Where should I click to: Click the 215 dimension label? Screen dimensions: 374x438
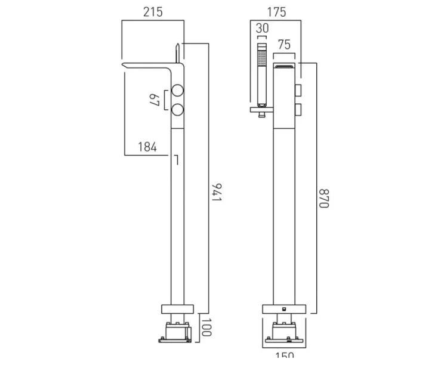tap(153, 12)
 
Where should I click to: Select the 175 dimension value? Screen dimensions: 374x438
tap(277, 12)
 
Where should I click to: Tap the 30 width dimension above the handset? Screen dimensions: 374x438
tap(263, 28)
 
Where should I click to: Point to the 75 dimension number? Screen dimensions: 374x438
tap(285, 45)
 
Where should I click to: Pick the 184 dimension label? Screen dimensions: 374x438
tap(147, 147)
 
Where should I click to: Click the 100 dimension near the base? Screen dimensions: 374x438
tap(206, 328)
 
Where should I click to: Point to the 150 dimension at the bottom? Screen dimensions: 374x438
tap(285, 356)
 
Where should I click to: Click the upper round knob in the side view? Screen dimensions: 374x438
tap(178, 91)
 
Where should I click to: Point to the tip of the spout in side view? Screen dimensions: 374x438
tap(125, 64)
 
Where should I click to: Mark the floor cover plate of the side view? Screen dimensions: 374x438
tap(178, 309)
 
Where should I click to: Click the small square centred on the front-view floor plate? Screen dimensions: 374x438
tap(285, 309)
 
